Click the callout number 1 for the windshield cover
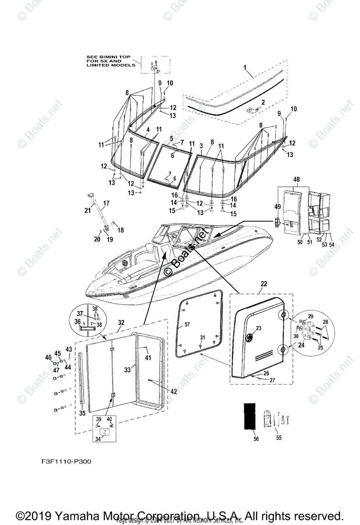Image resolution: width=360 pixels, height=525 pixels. [245, 67]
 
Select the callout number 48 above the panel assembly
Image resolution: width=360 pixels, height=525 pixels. [296, 179]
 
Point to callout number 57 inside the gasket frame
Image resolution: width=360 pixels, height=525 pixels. [187, 325]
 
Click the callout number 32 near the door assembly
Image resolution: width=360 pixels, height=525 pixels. [121, 323]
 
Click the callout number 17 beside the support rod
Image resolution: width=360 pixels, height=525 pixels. [105, 203]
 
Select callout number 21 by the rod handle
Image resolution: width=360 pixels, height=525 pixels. [88, 210]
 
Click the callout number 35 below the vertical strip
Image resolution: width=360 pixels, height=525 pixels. [82, 413]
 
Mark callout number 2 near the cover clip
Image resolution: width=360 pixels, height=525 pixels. [263, 102]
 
